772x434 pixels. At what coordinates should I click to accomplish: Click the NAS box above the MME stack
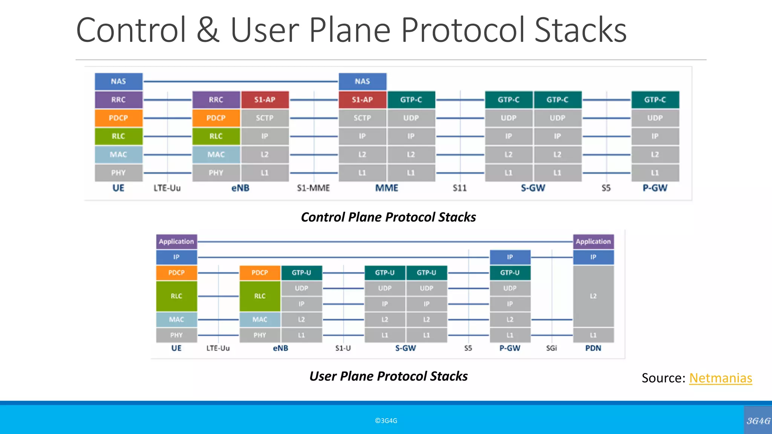coord(362,81)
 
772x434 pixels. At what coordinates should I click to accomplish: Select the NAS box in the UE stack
coord(118,81)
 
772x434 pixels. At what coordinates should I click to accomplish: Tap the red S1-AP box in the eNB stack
coord(265,100)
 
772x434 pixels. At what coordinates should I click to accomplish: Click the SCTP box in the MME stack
coord(362,118)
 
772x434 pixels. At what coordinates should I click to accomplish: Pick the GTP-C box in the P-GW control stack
coord(655,100)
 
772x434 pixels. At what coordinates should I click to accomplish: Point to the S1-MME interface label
coord(313,188)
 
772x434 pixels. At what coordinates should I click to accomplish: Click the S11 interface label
coord(460,188)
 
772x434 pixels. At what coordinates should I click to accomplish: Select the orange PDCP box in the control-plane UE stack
coord(118,118)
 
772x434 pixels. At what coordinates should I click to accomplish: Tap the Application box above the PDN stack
coord(593,241)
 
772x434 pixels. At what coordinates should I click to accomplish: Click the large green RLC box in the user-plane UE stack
coord(176,296)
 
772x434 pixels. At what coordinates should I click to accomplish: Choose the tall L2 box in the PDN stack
coord(593,296)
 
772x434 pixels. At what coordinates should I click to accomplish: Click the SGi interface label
coord(551,348)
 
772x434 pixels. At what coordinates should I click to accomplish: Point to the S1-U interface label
coord(343,348)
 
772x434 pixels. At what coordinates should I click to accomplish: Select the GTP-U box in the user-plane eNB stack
coord(301,273)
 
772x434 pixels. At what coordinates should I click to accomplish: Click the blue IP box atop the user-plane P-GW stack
coord(510,257)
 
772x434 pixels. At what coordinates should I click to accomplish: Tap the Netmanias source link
coord(720,378)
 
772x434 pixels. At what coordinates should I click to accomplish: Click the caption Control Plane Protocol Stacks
coord(388,217)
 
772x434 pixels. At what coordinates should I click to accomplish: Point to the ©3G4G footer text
coord(386,421)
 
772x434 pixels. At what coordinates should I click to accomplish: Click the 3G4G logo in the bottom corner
coord(758,421)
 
